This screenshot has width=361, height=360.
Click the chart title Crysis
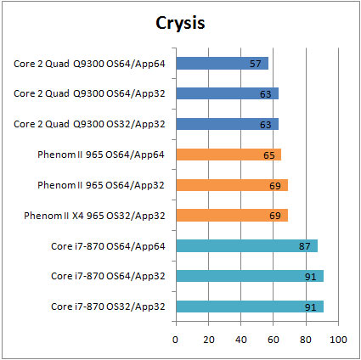coord(180,24)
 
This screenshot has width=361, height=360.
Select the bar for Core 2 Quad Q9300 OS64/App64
coord(223,64)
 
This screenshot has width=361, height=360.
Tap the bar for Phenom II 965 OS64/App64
coord(228,155)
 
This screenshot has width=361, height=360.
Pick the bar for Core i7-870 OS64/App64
coord(247,245)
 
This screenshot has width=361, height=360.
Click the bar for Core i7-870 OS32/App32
coord(250,307)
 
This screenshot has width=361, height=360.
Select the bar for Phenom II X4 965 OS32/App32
coord(232,216)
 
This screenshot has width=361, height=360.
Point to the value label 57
coord(255,64)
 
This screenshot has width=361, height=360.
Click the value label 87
coord(305,246)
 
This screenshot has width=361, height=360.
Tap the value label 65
coord(269,155)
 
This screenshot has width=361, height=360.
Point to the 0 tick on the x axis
coord(176,340)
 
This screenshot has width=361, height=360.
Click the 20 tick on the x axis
coord(209,340)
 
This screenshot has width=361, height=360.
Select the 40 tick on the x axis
coord(241,340)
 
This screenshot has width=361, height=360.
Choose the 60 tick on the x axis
coord(274,340)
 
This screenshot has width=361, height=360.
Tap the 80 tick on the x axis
coord(306,340)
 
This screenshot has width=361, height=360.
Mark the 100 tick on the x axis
coord(338,340)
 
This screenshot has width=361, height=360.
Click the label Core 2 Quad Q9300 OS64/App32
coord(89,93)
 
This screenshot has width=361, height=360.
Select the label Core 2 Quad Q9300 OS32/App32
coord(89,124)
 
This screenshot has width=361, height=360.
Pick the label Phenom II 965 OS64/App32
coord(101,185)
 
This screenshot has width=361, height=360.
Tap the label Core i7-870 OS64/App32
coord(108,276)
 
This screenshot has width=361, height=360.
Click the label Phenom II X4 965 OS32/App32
coord(94,216)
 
